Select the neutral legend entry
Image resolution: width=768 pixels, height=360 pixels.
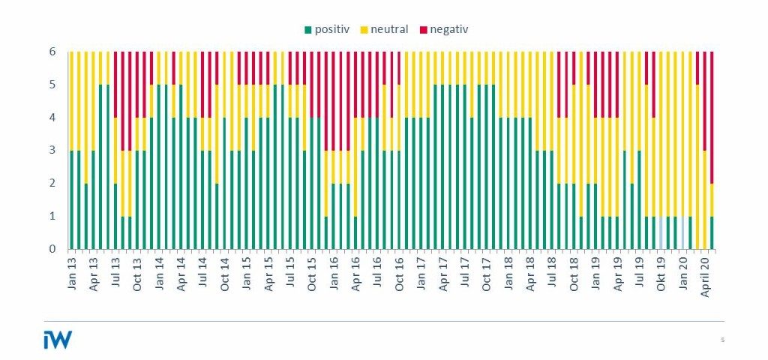coord(388,29)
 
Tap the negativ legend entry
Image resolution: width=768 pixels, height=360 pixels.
coord(448,29)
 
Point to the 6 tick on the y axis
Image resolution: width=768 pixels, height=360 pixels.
coord(53,52)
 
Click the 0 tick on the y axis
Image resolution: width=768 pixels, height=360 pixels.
coord(53,249)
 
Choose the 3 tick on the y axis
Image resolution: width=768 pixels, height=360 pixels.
coord(53,150)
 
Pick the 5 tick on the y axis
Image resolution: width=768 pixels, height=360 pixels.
coord(53,85)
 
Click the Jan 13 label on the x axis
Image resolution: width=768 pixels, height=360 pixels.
coord(72,271)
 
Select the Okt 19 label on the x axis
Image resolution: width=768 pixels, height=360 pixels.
coord(661,271)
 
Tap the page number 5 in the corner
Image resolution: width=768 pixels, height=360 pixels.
coord(722,340)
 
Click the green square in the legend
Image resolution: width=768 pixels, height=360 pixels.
coord(308,30)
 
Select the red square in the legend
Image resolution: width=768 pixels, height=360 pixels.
coord(423,30)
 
